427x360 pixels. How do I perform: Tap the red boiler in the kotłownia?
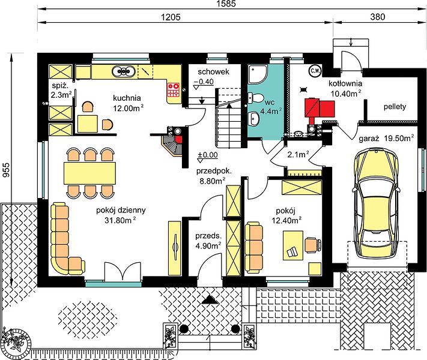[x=319, y=108]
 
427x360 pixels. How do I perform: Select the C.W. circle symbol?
[x=315, y=71]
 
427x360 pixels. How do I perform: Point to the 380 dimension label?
[x=378, y=17]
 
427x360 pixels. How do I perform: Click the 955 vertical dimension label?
[x=6, y=170]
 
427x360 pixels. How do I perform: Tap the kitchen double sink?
[x=123, y=71]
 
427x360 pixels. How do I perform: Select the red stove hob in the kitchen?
[x=174, y=89]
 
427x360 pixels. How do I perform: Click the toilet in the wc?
[x=255, y=98]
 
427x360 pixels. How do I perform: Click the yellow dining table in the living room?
[x=90, y=173]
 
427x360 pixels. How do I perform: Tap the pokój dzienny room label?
[x=121, y=210]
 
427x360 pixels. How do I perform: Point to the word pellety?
[x=395, y=107]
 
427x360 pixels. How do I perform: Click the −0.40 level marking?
[x=204, y=82]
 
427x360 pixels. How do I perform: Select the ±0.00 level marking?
[x=208, y=155]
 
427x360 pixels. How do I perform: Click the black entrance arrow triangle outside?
[x=210, y=299]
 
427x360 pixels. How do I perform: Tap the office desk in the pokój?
[x=293, y=245]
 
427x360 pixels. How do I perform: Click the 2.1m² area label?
[x=298, y=155]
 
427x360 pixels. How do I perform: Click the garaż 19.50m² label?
[x=386, y=138]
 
